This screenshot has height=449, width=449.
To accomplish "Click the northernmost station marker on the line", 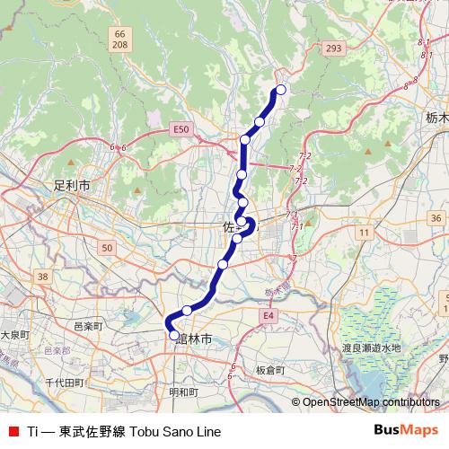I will click(281, 89).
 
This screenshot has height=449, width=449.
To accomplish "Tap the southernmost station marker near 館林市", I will click(174, 335).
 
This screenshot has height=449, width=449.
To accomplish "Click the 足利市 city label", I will click(72, 186).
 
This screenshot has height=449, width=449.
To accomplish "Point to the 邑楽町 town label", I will click(88, 324).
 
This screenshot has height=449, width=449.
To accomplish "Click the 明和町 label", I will click(183, 392).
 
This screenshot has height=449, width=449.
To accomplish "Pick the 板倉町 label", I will click(269, 370).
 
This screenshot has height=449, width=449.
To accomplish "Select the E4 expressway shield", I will click(269, 317).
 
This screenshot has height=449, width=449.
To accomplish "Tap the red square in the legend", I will click(10, 431).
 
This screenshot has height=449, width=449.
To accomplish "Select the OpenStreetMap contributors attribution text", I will click(370, 401).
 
